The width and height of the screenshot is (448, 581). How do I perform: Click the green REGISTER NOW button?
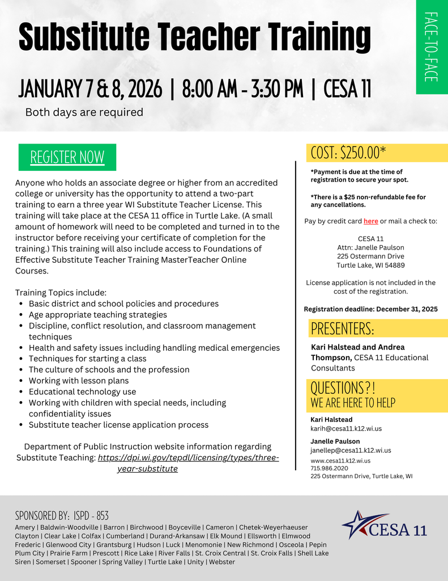coord(67,157)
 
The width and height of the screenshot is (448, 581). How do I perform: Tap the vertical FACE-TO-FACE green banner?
coord(432,47)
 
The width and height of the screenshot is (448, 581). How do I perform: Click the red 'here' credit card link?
coord(371,221)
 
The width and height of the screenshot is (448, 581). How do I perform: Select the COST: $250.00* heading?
coord(348,153)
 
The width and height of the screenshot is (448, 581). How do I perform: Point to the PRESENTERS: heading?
coord(343,329)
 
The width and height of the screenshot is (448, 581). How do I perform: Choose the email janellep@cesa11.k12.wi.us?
coord(351,450)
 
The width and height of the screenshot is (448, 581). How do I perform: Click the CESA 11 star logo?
coord(384,526)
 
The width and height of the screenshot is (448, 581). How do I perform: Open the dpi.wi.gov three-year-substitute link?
coord(188,458)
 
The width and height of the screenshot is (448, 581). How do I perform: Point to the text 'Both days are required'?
coord(84,112)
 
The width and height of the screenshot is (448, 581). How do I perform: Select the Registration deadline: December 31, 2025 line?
coord(370,309)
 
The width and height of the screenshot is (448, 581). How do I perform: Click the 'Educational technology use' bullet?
coord(82,391)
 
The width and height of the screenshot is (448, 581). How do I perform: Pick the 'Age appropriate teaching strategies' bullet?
coord(98,314)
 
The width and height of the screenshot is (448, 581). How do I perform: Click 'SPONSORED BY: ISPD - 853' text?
coord(62,516)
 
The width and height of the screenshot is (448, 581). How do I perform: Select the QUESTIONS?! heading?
coord(343,388)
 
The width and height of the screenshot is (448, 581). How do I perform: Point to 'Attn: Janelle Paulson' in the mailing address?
coord(370,247)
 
